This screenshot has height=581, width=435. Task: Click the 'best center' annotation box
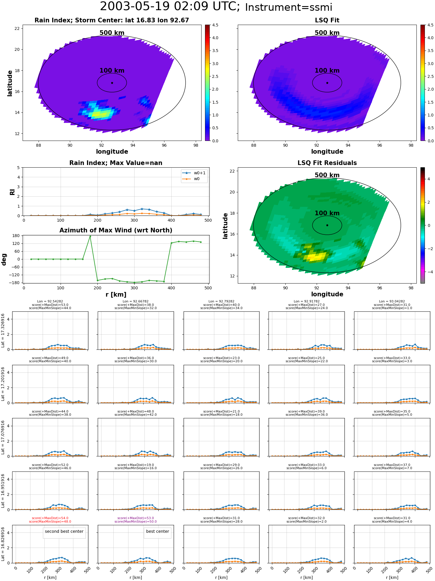[x=157, y=531]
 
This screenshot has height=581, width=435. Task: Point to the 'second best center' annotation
[x=64, y=531]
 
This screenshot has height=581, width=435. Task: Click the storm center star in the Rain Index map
[x=112, y=83]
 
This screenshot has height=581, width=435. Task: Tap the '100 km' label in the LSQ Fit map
[x=327, y=71]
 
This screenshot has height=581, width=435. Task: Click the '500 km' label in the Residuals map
[x=327, y=175]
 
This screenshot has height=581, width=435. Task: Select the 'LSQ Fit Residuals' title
[x=327, y=163]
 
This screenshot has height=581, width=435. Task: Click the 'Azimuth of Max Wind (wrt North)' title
[x=116, y=230]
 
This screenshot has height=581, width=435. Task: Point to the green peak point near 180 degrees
[x=90, y=236]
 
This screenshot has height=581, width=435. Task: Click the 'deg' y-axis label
[x=4, y=259]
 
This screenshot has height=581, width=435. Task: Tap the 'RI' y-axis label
[x=12, y=192]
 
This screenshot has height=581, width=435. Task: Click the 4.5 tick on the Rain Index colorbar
[x=215, y=25]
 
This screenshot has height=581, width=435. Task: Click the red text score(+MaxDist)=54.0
[x=50, y=518]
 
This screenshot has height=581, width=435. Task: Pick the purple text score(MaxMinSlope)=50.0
[x=136, y=521]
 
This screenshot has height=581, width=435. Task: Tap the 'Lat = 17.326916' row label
[x=3, y=331]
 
